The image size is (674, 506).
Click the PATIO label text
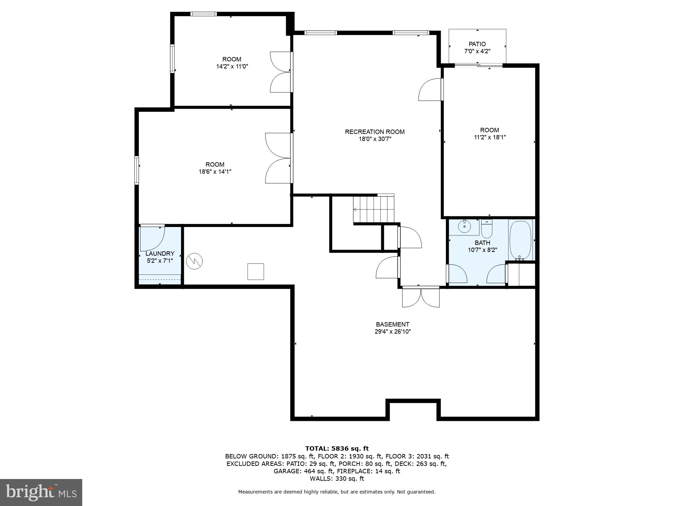(477, 44)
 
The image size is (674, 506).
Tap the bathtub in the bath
(520, 240)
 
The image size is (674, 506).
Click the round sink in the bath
(465, 227)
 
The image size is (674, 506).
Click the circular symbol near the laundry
(194, 261)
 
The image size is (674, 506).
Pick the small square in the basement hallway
(255, 272)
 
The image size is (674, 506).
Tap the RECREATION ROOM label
(374, 132)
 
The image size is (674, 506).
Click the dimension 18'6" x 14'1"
(215, 172)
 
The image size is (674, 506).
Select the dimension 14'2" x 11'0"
(232, 66)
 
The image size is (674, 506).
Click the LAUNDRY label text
(160, 254)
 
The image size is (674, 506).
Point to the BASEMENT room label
(392, 325)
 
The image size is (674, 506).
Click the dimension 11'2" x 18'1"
(489, 137)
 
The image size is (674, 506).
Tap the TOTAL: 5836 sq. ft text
(337, 448)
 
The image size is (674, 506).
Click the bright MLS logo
(41, 493)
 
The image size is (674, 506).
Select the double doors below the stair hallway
(421, 297)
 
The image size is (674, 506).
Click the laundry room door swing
(152, 238)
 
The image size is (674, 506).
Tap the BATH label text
(482, 243)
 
